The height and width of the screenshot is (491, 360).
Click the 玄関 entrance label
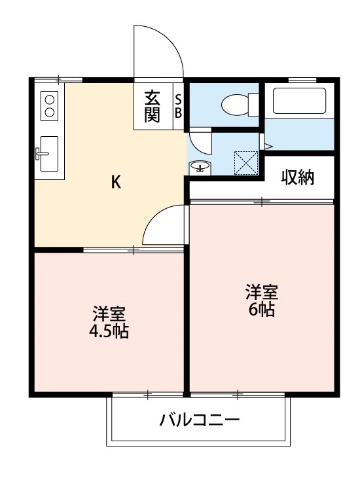pos(153,106)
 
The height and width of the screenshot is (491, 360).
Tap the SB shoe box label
pos(178,106)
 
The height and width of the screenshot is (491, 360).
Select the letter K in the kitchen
pos(115,183)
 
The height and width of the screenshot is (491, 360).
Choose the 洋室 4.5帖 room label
pos(109,321)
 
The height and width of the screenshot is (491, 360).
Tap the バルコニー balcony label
pos(200,420)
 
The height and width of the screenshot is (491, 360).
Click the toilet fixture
pos(236,103)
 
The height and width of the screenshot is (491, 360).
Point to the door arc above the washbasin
pos(198,141)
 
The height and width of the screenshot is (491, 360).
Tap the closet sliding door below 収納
pos(262,202)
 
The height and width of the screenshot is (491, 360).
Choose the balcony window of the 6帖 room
pos(237,395)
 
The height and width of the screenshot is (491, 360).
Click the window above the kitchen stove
pos(58,79)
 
